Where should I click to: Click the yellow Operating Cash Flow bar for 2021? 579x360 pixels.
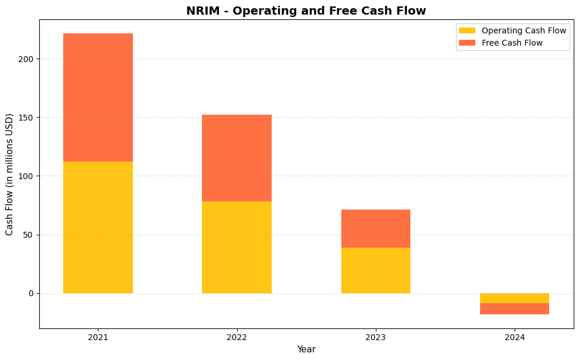coord(98,227)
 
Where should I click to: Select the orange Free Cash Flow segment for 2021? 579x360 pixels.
coord(98,97)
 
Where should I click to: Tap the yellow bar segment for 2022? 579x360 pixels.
coord(237,247)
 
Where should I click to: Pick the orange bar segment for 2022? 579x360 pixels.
coord(237,158)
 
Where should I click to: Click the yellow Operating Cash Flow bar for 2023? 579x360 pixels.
coord(375,270)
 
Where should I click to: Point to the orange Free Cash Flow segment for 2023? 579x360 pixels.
coord(375,228)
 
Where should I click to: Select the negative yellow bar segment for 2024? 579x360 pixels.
coord(514,298)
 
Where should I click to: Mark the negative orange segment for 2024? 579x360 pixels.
coord(514,308)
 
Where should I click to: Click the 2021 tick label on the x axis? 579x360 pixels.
coord(98,337)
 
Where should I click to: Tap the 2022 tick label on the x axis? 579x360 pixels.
coord(237,337)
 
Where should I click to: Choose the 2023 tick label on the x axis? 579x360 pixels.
coord(375,337)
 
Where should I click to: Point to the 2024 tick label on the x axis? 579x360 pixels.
coord(514,337)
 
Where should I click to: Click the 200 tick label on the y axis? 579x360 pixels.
coord(28,59)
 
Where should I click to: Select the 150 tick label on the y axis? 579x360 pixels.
coord(28,118)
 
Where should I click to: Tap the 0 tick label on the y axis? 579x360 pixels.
coord(32,293)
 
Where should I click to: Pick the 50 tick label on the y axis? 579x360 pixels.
coord(29,235)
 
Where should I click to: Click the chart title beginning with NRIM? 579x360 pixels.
coord(306,11)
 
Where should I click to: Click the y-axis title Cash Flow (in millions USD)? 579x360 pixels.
coord(9,174)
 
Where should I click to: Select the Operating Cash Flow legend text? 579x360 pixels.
coord(523,30)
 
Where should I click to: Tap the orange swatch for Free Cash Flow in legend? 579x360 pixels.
coord(467,43)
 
